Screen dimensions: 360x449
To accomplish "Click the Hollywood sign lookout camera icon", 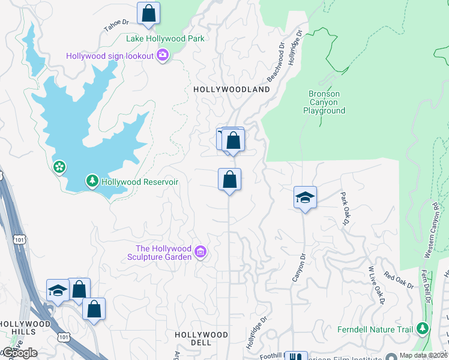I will tap(163, 56).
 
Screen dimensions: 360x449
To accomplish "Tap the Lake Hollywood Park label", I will tap(165, 39).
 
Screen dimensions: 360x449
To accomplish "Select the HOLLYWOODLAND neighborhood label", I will tap(231, 89).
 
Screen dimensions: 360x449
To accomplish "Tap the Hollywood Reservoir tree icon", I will tap(92, 181).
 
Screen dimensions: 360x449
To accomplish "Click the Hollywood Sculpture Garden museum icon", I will tap(201, 253).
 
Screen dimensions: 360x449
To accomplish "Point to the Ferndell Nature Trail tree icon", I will tap(423, 329).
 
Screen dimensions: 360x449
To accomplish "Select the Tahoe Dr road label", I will tap(116, 25).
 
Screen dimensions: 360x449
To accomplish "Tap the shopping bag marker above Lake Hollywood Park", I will tap(148, 14).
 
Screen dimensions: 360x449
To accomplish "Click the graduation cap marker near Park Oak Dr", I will tap(305, 197).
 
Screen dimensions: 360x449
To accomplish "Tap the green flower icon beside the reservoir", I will tap(59, 166).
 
